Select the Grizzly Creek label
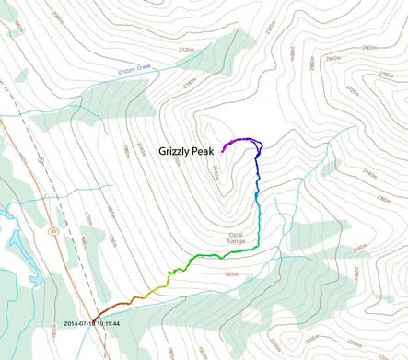tap(134, 69)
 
